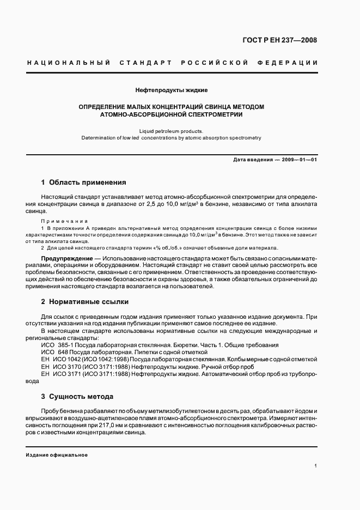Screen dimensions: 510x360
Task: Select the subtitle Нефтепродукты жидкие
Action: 171,89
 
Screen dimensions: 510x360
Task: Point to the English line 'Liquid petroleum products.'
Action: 171,131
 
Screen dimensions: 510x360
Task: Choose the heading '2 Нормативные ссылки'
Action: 84,301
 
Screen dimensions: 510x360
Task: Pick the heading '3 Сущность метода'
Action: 77,397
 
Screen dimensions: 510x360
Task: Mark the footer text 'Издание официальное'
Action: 57,454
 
